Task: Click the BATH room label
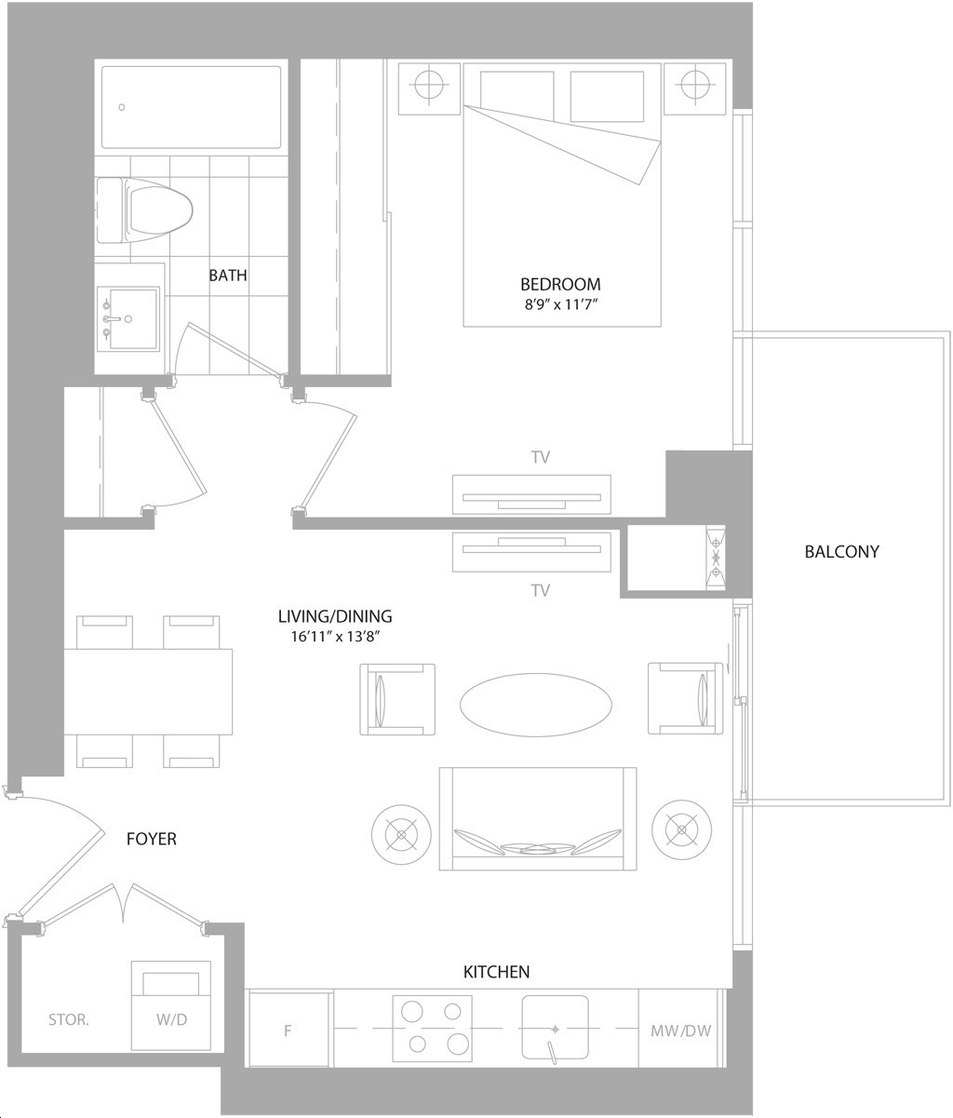[228, 276]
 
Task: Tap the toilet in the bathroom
[145, 210]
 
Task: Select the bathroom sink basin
[128, 319]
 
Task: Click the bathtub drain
[122, 107]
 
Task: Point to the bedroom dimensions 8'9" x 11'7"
[560, 304]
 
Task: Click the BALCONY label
[841, 551]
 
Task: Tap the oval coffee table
[535, 705]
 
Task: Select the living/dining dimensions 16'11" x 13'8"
[335, 636]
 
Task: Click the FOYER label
[152, 839]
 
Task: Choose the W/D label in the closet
[171, 1019]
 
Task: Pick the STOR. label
[69, 1019]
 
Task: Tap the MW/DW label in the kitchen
[681, 1030]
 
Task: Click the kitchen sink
[555, 1027]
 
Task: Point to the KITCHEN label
[497, 972]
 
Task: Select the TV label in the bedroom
[541, 457]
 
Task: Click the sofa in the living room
[538, 819]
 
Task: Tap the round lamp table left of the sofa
[401, 835]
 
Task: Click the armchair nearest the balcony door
[685, 699]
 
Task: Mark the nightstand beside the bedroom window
[695, 88]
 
